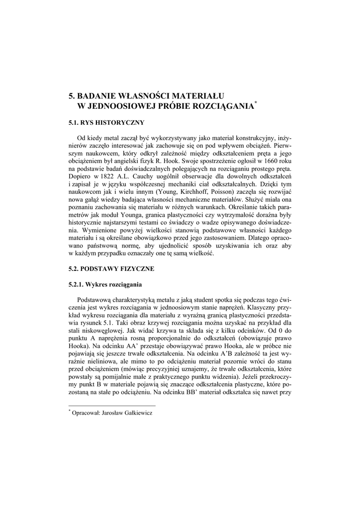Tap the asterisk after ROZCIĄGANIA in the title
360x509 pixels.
[256, 102]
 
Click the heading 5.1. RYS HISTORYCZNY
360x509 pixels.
[106, 121]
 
